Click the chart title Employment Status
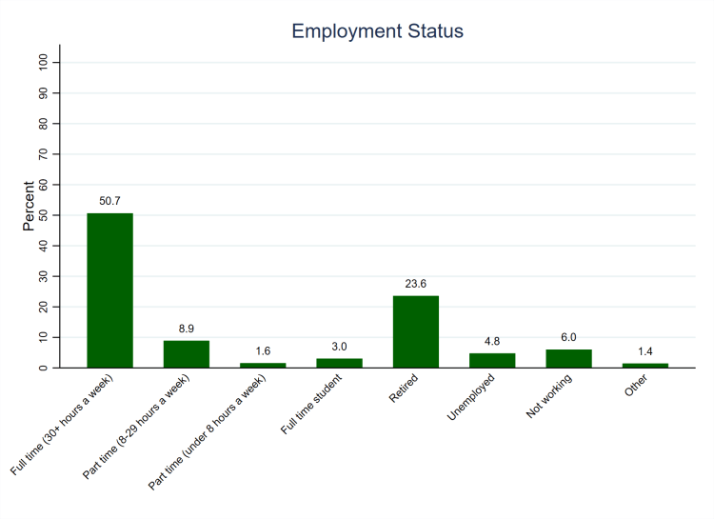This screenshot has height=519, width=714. [x=377, y=31]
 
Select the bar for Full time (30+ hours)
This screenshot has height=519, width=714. [x=109, y=289]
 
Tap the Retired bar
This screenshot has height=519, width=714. [x=416, y=331]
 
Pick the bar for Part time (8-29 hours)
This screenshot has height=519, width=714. [x=187, y=353]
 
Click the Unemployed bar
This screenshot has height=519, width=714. [x=492, y=360]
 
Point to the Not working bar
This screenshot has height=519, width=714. [x=568, y=358]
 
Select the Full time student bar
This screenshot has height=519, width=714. [x=339, y=363]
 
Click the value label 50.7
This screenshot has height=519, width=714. [x=109, y=201]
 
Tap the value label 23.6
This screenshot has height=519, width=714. [x=416, y=284]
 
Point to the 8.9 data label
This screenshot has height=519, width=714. [x=187, y=329]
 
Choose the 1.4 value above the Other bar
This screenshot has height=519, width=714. [x=645, y=351]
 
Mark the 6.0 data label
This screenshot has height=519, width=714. [x=568, y=337]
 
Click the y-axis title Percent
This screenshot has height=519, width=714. [x=30, y=207]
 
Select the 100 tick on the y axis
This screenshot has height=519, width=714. [x=44, y=62]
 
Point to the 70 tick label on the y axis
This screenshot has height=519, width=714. [x=44, y=153]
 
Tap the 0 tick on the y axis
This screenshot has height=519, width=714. [x=44, y=368]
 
